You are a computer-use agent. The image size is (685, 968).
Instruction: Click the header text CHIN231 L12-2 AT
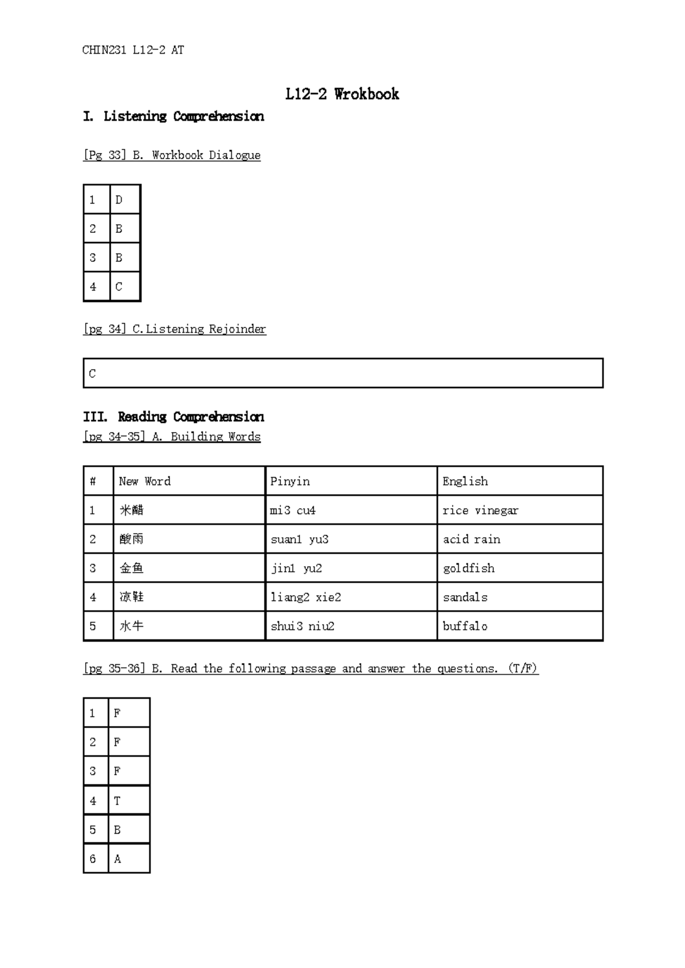pyautogui.click(x=133, y=50)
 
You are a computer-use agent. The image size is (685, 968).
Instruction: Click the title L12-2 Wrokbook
pyautogui.click(x=342, y=94)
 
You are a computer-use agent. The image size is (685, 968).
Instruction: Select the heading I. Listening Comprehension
pyautogui.click(x=174, y=116)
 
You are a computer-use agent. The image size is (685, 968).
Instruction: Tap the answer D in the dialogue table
pyautogui.click(x=119, y=200)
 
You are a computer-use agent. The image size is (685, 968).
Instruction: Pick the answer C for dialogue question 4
pyautogui.click(x=119, y=287)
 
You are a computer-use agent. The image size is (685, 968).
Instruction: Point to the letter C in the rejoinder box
pyautogui.click(x=92, y=374)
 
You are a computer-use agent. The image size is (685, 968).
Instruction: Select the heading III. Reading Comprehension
pyautogui.click(x=174, y=417)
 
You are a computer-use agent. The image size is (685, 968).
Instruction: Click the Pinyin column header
pyautogui.click(x=290, y=481)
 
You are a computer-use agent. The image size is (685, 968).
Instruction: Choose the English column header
pyautogui.click(x=465, y=481)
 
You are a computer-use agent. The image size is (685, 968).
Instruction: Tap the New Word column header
pyautogui.click(x=144, y=481)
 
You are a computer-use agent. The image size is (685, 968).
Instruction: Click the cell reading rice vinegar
pyautogui.click(x=480, y=510)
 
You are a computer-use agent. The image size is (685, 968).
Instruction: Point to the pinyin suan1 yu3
pyautogui.click(x=300, y=539)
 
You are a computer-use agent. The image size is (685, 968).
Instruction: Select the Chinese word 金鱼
pyautogui.click(x=131, y=568)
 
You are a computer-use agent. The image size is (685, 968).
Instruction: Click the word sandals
pyautogui.click(x=465, y=598)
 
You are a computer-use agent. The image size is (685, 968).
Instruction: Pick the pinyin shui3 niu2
pyautogui.click(x=303, y=626)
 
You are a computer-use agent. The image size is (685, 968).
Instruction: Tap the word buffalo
pyautogui.click(x=465, y=626)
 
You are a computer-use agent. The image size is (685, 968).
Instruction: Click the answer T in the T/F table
pyautogui.click(x=117, y=801)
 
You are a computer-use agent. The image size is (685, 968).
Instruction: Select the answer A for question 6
pyautogui.click(x=117, y=859)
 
